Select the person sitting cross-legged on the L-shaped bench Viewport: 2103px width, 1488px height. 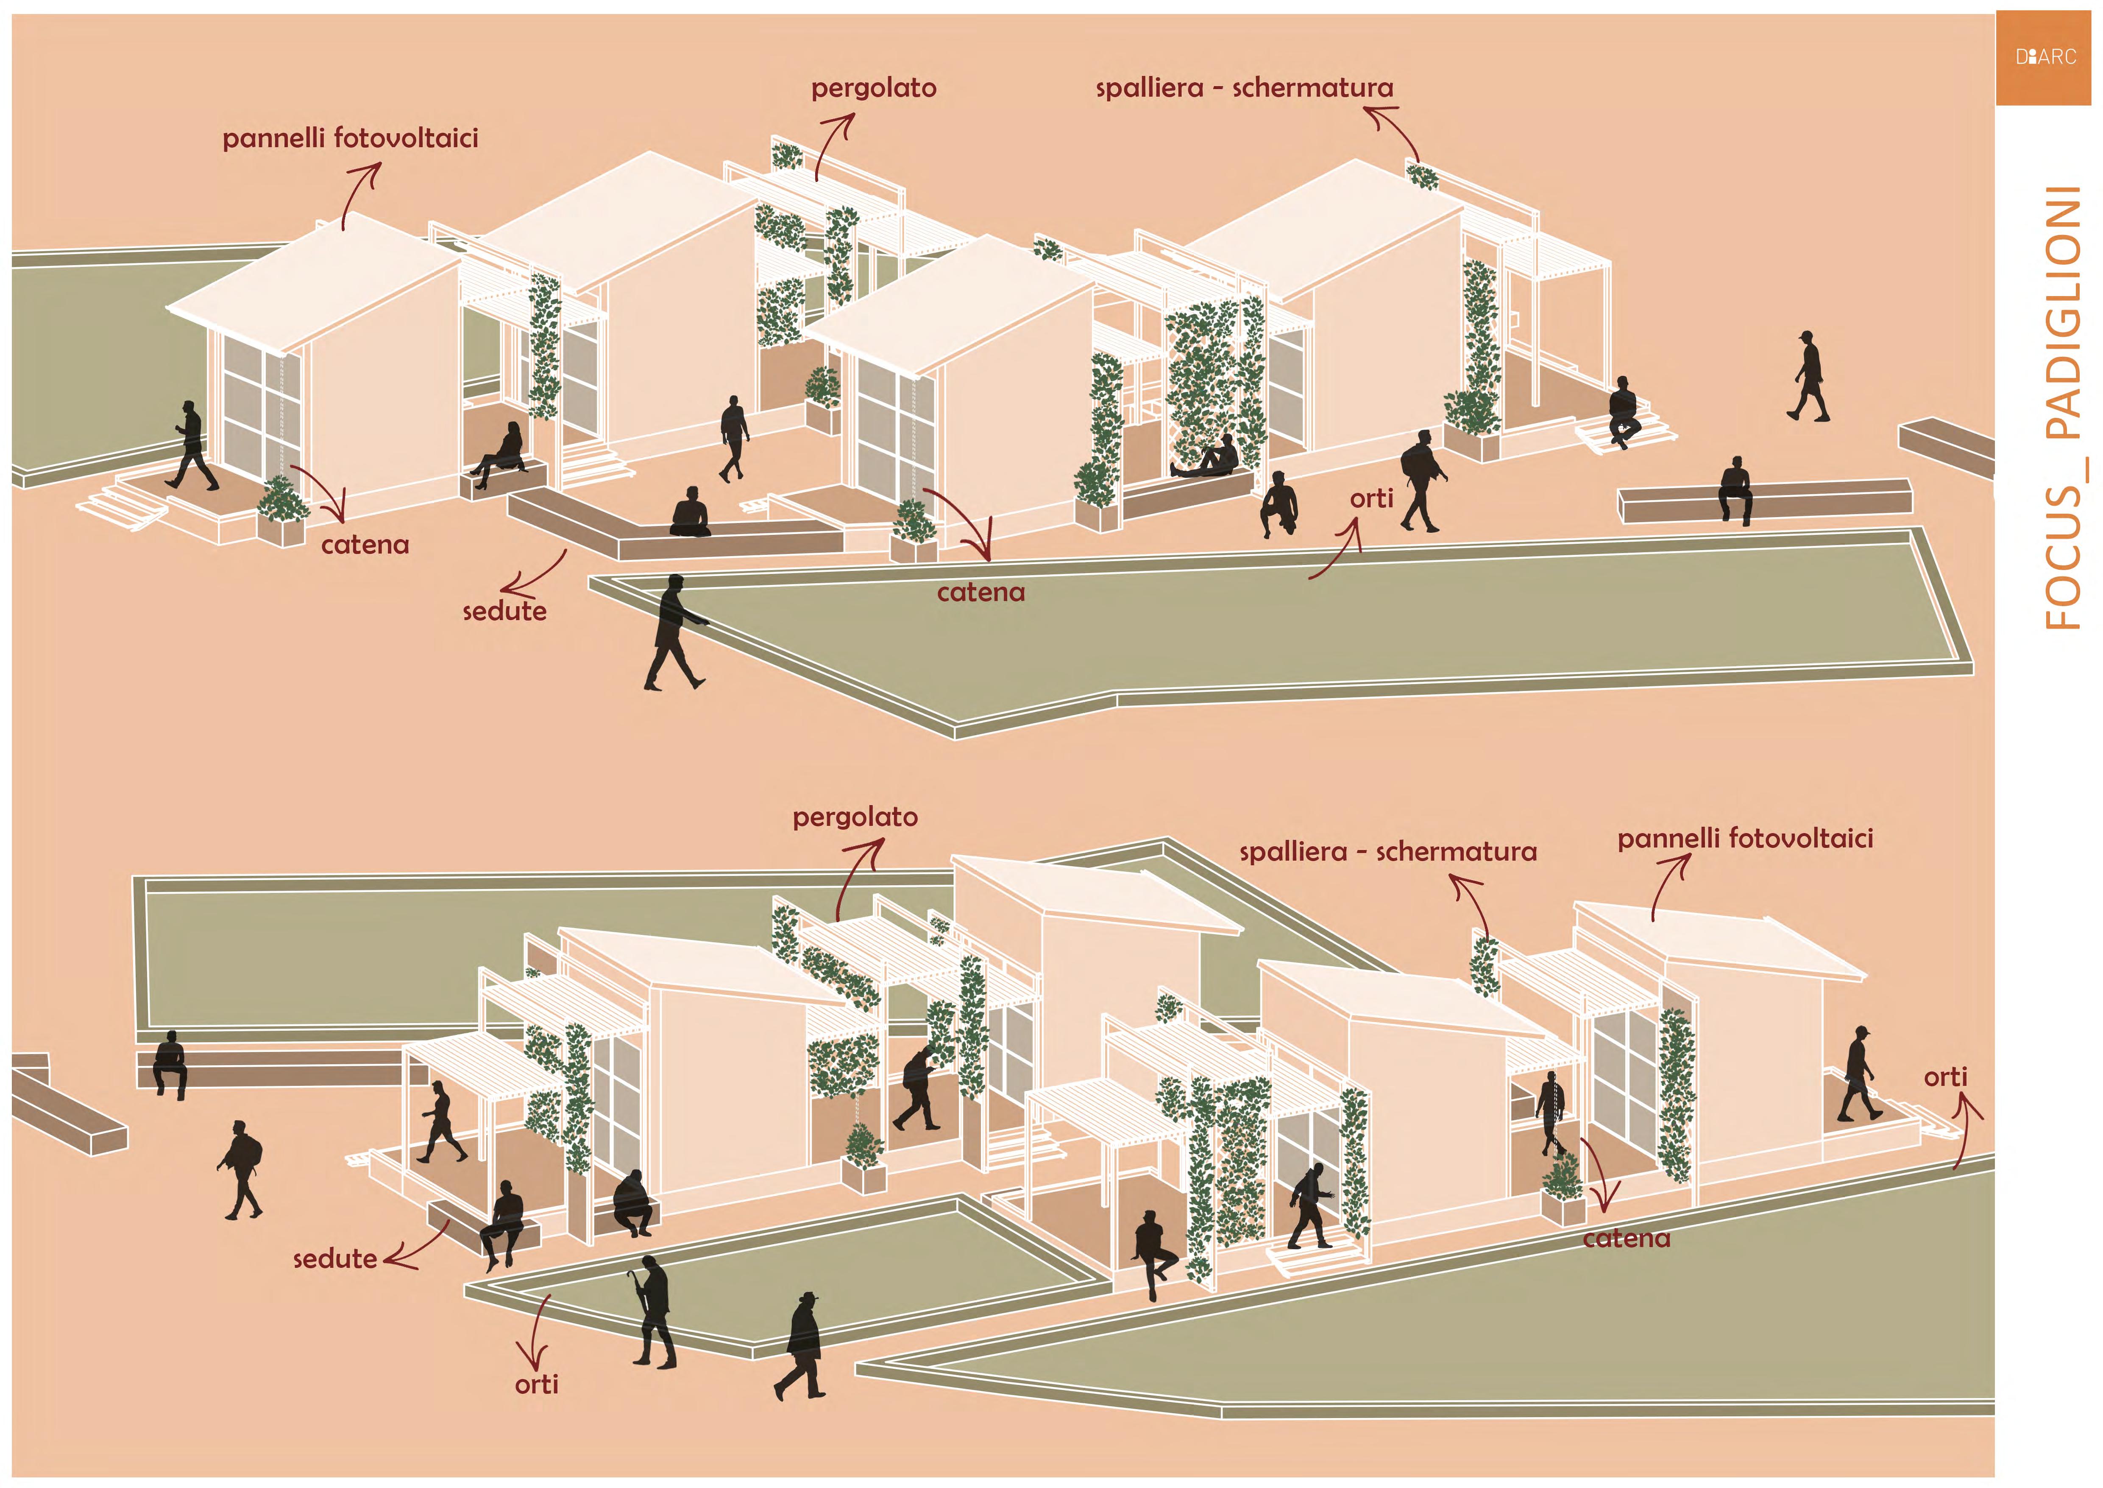click(691, 513)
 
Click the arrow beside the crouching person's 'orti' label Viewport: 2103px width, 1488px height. click(1339, 550)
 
